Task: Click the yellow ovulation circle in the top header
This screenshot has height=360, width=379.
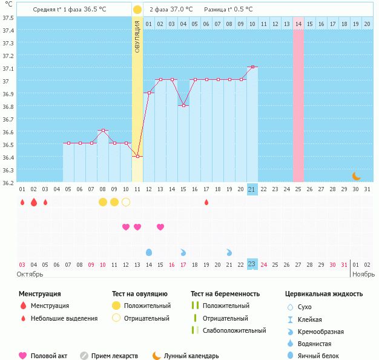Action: (x=137, y=10)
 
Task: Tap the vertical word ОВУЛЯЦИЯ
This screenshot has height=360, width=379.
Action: (x=137, y=36)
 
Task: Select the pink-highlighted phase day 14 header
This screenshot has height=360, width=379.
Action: (x=298, y=24)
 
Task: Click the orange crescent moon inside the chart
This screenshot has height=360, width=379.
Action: (x=357, y=175)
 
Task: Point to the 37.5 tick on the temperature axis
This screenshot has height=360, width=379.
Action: (x=8, y=18)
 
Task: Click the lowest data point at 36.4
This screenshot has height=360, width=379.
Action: (x=137, y=157)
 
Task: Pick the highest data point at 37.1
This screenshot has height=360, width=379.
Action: (x=252, y=67)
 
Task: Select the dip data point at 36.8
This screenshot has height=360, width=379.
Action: (x=183, y=105)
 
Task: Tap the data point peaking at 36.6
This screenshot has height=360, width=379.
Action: (x=103, y=131)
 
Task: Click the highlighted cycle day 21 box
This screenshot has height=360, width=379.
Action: (x=252, y=189)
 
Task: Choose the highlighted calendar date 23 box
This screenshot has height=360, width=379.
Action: (x=252, y=264)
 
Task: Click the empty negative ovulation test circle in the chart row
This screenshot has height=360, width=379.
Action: (x=126, y=202)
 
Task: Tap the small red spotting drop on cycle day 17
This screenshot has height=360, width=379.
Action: (x=206, y=202)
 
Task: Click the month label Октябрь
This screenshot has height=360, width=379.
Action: (x=30, y=274)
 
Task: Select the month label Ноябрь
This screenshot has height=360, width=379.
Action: (x=364, y=274)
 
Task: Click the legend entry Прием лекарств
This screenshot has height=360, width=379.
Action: (x=114, y=356)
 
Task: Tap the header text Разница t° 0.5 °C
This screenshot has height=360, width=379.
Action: (x=228, y=10)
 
